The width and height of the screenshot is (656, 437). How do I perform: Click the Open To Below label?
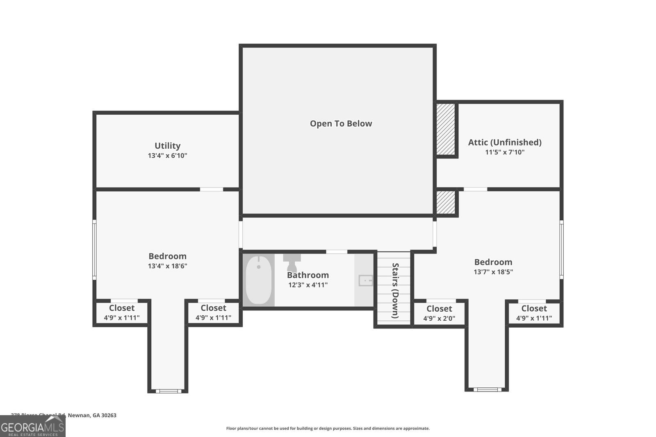tap(341, 124)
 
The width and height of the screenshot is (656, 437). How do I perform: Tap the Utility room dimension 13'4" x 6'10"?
tap(167, 156)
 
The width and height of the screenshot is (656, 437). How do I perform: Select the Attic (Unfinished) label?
tap(505, 142)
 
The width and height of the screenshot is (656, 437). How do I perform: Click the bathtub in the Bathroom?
tap(259, 280)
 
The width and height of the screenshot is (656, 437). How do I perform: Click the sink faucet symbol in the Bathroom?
tap(365, 281)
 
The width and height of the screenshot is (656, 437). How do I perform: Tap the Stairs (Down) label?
tap(395, 290)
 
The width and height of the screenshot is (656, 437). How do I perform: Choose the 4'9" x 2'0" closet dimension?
tap(439, 319)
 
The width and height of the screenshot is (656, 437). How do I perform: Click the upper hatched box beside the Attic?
tap(445, 129)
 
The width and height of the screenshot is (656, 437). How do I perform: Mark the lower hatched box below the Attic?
tap(445, 202)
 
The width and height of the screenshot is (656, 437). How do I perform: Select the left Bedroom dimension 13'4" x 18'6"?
tap(167, 266)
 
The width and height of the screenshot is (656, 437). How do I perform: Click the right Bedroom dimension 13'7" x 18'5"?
tap(493, 272)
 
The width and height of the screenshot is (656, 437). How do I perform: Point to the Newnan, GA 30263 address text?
tap(92, 415)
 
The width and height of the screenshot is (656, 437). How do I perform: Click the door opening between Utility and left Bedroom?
tap(212, 189)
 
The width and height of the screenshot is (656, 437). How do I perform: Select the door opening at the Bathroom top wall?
tap(336, 251)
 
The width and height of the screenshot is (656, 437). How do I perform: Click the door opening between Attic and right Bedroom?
tap(475, 189)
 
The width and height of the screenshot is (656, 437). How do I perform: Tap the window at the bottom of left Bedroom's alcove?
tap(168, 391)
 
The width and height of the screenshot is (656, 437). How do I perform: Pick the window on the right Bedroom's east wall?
tap(561, 249)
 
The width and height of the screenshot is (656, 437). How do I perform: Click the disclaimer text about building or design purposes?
tap(328, 428)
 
